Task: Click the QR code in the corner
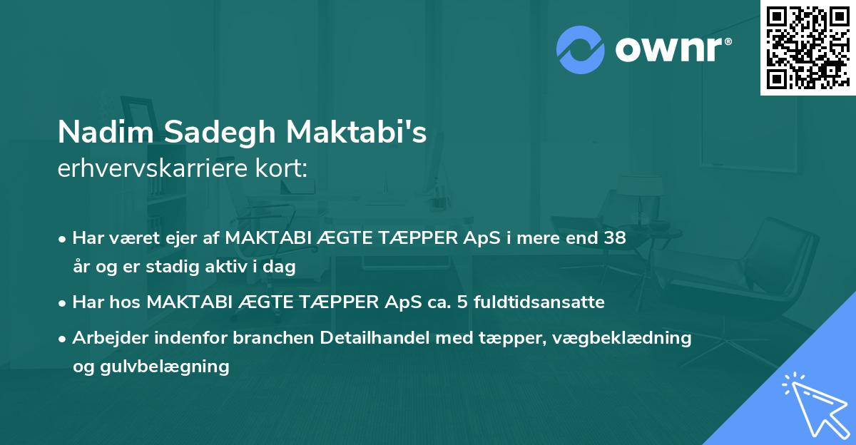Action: tap(807, 48)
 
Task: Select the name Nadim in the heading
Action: tap(107, 133)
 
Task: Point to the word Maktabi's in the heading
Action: tap(357, 133)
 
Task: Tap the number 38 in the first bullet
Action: tap(615, 238)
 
